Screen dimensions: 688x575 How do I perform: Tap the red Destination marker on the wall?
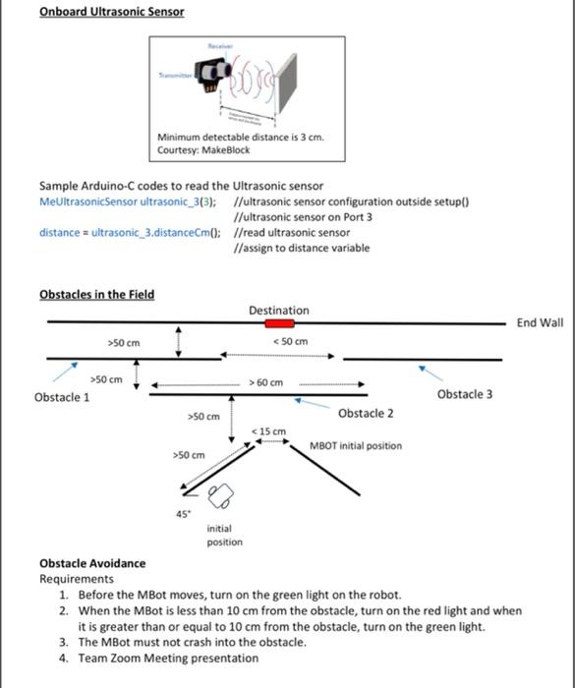[279, 322]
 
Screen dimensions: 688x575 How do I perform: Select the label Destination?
[279, 311]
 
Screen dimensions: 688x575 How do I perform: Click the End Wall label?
[540, 323]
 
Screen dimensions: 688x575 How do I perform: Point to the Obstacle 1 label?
[62, 397]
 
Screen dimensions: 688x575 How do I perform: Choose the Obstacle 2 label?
[366, 413]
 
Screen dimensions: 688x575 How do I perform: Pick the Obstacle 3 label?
[465, 394]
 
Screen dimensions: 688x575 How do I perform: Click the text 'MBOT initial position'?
[355, 446]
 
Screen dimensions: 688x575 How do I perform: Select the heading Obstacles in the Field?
[96, 294]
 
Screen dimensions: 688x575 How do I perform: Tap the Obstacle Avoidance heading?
[91, 563]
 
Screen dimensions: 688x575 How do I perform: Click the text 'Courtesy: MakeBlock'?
[203, 150]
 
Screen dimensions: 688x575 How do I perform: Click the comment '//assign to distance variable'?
[304, 248]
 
